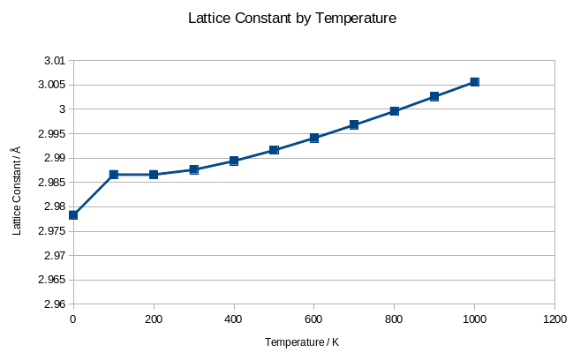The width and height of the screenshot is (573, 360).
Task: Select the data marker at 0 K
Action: (x=73, y=215)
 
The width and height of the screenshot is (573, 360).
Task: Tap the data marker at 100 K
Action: (x=114, y=175)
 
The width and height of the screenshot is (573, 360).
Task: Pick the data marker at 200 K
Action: (x=154, y=175)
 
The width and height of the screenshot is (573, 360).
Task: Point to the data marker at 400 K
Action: (x=234, y=161)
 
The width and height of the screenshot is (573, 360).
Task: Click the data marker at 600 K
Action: (x=314, y=138)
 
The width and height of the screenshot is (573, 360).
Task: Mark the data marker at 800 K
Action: (x=395, y=111)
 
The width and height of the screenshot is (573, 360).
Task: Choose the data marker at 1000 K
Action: (x=475, y=82)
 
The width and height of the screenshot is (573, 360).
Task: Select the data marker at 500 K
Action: (x=275, y=150)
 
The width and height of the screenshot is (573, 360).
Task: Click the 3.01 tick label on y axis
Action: (x=54, y=61)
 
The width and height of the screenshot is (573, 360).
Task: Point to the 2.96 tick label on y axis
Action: (x=54, y=304)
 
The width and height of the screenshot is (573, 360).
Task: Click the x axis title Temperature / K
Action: (x=302, y=341)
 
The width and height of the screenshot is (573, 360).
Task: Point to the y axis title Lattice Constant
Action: (x=16, y=191)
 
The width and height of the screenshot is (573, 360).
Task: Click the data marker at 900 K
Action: (x=434, y=96)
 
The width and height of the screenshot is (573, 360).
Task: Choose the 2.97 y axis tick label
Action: (x=54, y=255)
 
